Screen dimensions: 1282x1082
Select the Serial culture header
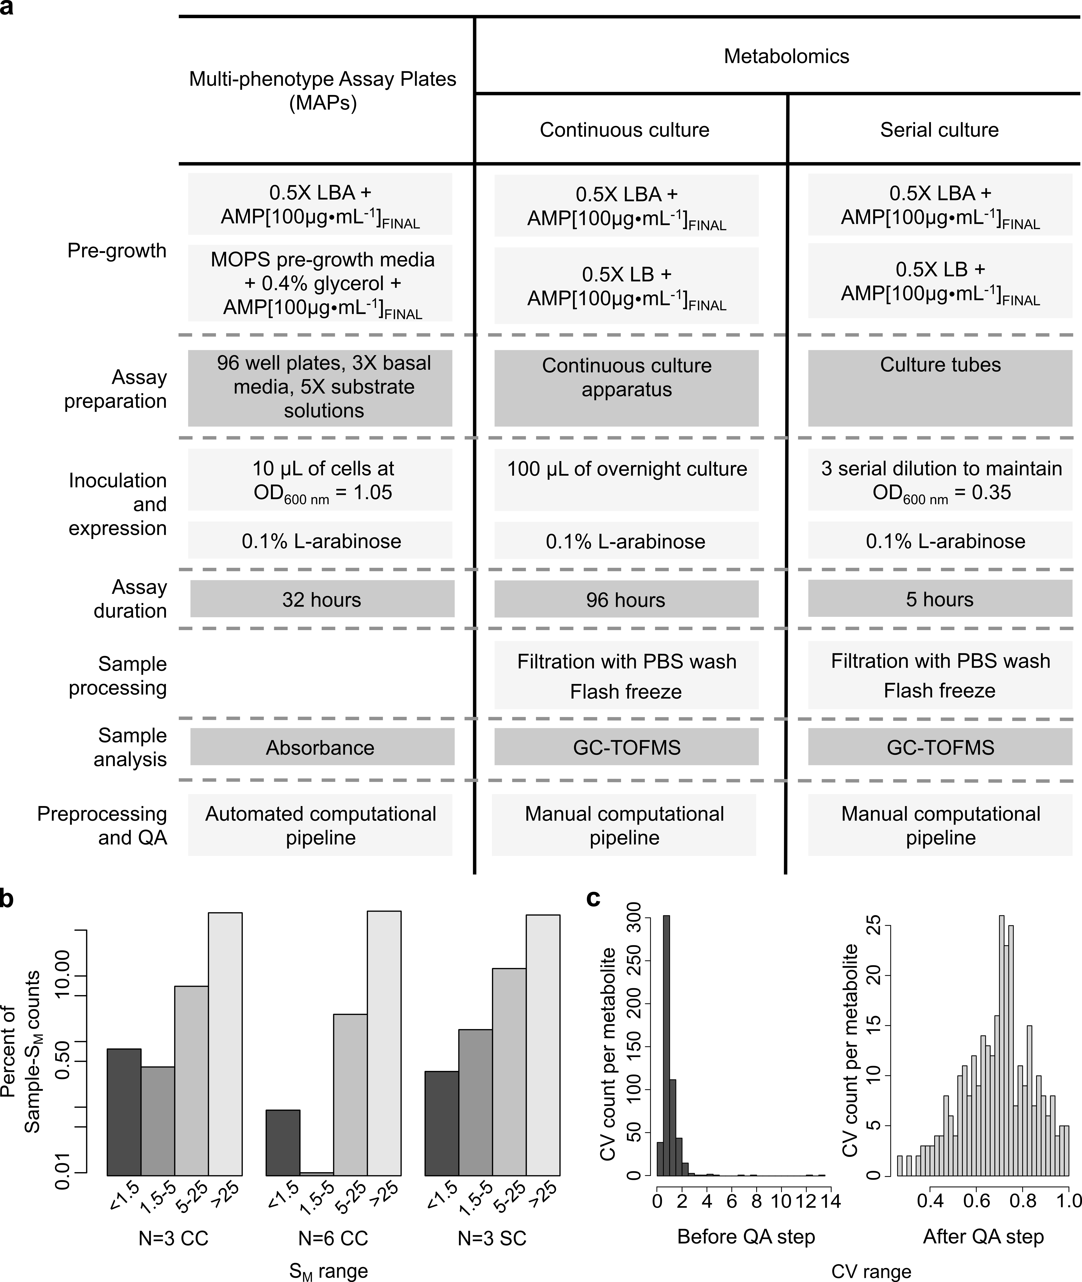(939, 130)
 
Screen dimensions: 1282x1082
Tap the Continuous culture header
(624, 130)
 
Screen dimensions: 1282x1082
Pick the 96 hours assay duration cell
(626, 599)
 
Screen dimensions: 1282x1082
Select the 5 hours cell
(940, 599)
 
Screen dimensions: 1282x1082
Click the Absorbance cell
(320, 747)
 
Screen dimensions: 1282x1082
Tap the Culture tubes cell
(940, 365)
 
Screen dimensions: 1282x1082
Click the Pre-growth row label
(117, 251)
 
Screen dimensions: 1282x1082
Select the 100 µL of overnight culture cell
(626, 469)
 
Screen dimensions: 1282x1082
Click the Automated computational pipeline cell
(320, 826)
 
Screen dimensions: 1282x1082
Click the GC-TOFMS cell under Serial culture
(940, 747)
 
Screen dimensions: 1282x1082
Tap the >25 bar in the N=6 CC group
(384, 1043)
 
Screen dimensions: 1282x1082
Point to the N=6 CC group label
(333, 1238)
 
